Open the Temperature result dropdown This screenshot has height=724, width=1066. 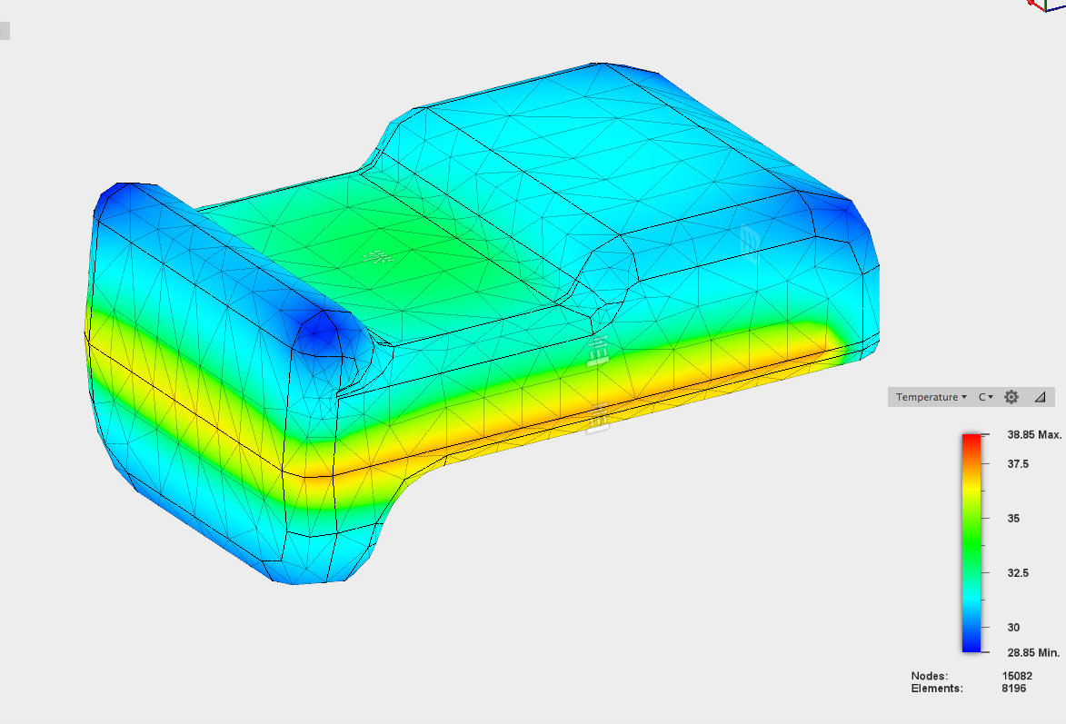click(x=931, y=397)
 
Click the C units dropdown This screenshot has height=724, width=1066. click(x=986, y=397)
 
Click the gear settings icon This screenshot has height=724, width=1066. click(x=1011, y=397)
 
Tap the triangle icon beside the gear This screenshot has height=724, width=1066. click(x=1040, y=397)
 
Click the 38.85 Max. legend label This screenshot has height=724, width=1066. click(x=1034, y=434)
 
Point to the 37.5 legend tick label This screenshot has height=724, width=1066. click(x=1018, y=463)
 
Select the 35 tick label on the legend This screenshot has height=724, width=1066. click(x=1013, y=518)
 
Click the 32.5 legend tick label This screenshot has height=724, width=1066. click(x=1018, y=572)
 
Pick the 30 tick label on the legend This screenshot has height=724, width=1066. click(x=1013, y=627)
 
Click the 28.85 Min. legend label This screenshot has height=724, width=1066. click(x=1033, y=652)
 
